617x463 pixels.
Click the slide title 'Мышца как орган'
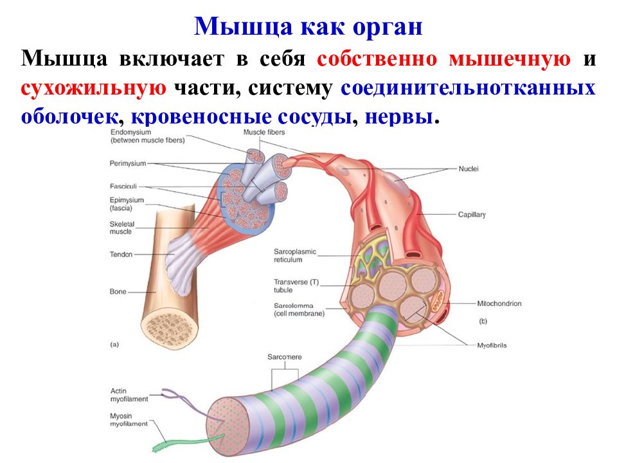coord(308,27)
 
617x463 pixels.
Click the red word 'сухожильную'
coord(94,88)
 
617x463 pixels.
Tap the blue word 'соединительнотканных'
coord(468,87)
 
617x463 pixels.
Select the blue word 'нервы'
coord(399,117)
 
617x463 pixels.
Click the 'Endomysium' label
coord(130,132)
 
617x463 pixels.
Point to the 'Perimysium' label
coord(128,163)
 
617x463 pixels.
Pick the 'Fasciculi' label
coord(123,186)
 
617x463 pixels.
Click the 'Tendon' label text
coord(121,255)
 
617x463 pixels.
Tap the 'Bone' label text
coord(118,292)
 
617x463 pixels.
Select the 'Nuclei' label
coord(469,169)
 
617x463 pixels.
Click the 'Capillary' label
coord(472,215)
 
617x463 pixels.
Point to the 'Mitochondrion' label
coord(499,304)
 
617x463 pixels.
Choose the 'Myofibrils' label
coord(492,345)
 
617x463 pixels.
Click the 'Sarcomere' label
coord(285,357)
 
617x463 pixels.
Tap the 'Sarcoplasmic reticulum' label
coord(295,255)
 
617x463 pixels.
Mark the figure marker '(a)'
coord(114,345)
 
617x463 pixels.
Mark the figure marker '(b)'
coord(483,322)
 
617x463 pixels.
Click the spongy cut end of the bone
coord(170,327)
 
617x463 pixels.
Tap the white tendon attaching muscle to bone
coord(183,262)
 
